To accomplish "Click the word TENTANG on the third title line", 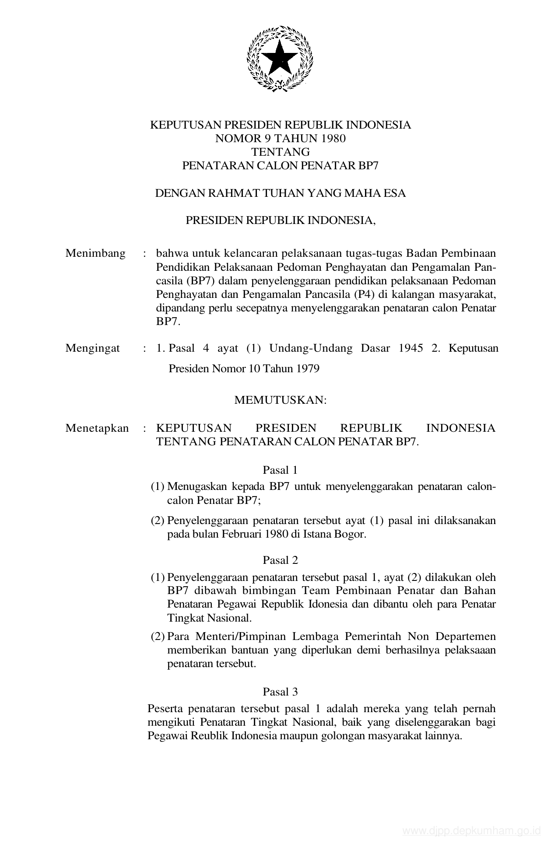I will (281, 152).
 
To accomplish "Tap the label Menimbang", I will (95, 253).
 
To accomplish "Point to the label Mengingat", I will (93, 348).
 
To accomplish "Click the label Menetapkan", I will (97, 428).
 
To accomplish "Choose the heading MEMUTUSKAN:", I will (281, 400).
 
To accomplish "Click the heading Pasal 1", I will (280, 470).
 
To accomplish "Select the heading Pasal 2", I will (280, 560).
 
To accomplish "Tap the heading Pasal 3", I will (280, 692).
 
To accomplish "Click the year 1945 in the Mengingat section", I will (411, 348).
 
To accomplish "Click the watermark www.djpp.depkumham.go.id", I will (472, 831).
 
